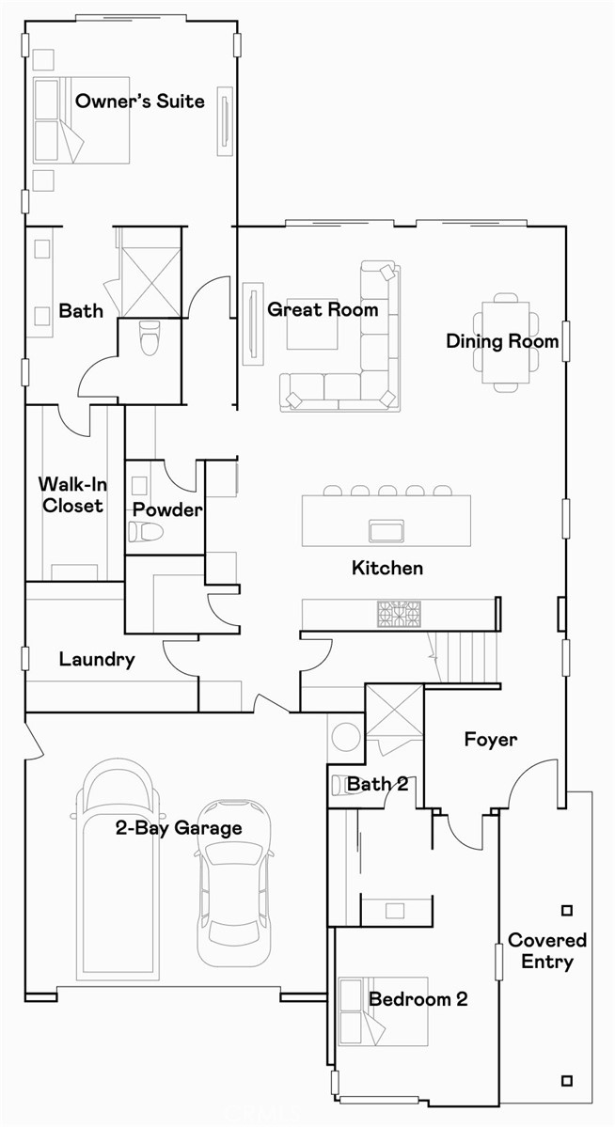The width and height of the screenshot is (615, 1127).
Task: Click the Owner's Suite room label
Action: pyautogui.click(x=139, y=101)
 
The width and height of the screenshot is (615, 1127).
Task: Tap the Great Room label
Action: pyautogui.click(x=323, y=309)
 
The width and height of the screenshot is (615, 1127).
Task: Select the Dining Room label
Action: pyautogui.click(x=502, y=341)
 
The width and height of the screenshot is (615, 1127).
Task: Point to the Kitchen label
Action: pyautogui.click(x=387, y=568)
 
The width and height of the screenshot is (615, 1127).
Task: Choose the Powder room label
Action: pyautogui.click(x=166, y=509)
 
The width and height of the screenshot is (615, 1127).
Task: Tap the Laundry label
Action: pyautogui.click(x=97, y=659)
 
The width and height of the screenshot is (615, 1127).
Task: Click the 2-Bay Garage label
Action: pyautogui.click(x=179, y=827)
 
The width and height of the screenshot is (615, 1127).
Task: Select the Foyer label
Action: pyautogui.click(x=490, y=740)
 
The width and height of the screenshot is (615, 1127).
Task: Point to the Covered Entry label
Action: pyautogui.click(x=546, y=950)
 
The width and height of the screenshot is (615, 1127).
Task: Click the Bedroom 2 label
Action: pyautogui.click(x=418, y=999)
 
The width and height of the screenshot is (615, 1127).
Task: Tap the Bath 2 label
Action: pyautogui.click(x=377, y=783)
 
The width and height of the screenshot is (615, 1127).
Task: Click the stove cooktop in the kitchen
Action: pyautogui.click(x=399, y=614)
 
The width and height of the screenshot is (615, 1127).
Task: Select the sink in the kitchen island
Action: pyautogui.click(x=386, y=530)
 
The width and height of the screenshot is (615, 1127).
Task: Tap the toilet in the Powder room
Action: pyautogui.click(x=146, y=532)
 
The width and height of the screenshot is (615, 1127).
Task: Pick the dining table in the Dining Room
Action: pyautogui.click(x=505, y=341)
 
